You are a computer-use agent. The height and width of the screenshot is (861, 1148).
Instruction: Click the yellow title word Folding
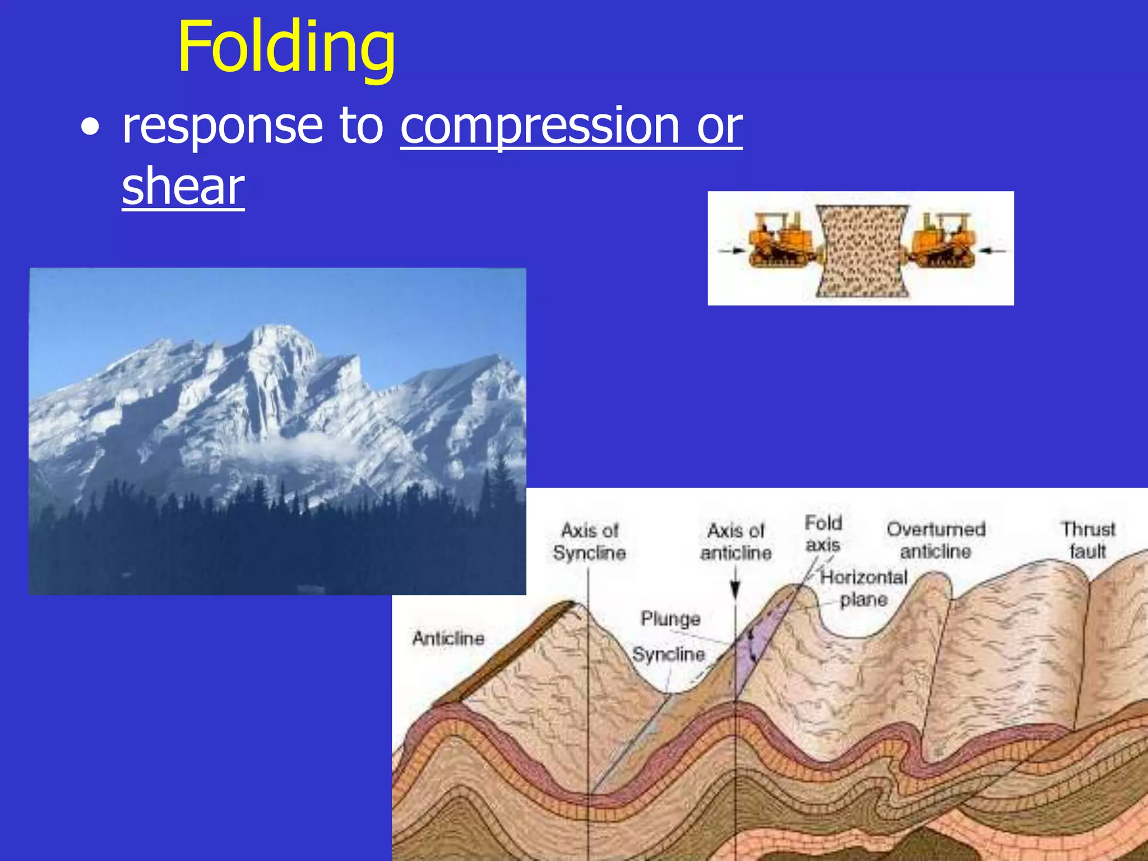pos(286,48)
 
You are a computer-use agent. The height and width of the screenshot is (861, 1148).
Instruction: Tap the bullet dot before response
pos(90,128)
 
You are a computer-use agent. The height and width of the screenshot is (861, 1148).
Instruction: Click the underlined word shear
pos(183,187)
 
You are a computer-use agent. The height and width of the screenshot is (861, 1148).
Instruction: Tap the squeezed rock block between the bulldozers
pos(862,249)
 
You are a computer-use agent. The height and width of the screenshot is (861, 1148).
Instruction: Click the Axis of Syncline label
pos(589,541)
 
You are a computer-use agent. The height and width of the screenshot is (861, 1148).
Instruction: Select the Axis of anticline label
pos(735,541)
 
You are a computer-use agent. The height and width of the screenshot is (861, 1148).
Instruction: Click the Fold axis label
pos(823,534)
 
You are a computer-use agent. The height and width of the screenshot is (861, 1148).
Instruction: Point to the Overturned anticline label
pos(936,540)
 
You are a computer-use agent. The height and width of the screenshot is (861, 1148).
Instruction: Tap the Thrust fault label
pos(1088,540)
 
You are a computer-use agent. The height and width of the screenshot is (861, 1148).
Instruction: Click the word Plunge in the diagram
pos(670,619)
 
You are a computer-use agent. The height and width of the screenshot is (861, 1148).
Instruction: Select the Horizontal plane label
pos(863,589)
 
